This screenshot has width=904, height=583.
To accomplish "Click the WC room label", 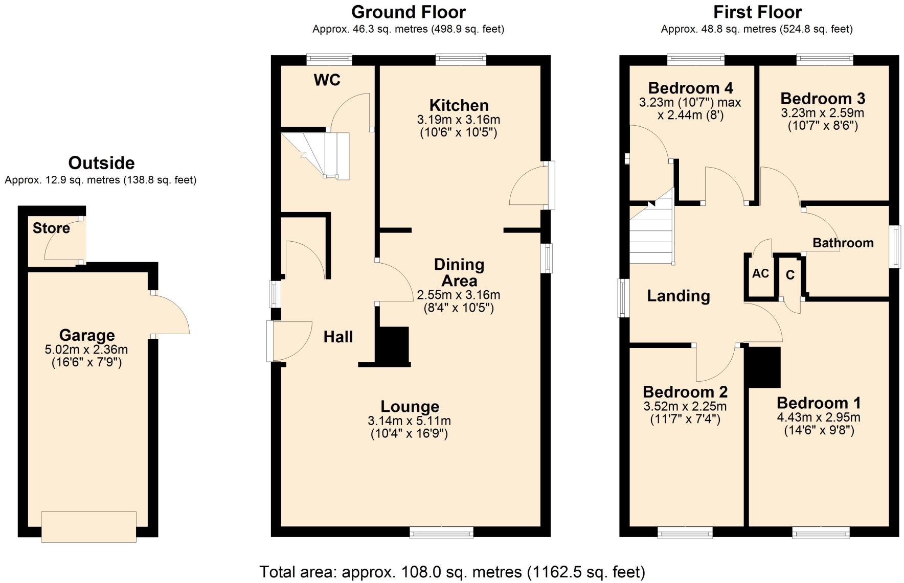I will coord(327,80).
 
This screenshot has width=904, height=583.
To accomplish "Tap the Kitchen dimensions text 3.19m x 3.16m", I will coord(458,120).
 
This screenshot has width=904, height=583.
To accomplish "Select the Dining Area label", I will coord(459,272).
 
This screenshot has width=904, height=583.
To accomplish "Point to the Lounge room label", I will coord(410,407).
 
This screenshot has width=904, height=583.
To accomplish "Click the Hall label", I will coord(338,337).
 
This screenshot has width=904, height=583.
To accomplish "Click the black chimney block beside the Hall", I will coord(393,345).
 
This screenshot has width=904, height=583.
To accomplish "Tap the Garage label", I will coord(87,336).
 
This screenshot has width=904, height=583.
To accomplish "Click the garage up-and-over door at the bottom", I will coord(88,526).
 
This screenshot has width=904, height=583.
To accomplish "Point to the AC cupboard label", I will coord(760,274).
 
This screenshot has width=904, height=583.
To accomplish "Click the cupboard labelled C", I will coord(790,275).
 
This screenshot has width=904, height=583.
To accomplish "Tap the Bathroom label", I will coord(843,243).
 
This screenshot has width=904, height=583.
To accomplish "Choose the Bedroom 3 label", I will coord(822,99).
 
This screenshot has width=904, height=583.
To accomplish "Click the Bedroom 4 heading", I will coord(690,88).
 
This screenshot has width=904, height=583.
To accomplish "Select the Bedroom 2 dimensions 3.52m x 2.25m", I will coord(685,407).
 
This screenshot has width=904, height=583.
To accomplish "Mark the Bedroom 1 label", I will coord(819,403).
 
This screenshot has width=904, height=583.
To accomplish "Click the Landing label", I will coord(678,296).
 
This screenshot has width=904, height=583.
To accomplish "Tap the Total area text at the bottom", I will coord(452,572).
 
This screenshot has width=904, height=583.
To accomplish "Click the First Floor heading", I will coord(757,12).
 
